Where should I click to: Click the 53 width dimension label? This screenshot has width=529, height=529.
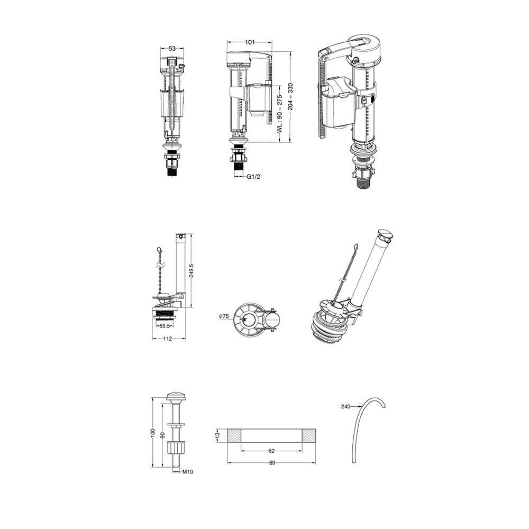click(172, 48)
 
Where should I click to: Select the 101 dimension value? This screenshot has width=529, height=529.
click(250, 42)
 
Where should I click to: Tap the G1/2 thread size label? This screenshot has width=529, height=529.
click(253, 177)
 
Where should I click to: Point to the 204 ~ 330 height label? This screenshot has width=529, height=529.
click(290, 96)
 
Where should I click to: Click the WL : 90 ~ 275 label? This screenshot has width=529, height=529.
click(279, 114)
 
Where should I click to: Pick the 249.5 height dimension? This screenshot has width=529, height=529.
click(191, 270)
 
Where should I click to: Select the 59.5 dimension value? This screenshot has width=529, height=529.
click(165, 326)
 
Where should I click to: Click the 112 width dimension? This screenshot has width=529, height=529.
click(168, 339)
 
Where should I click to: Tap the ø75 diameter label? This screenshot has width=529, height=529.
click(224, 316)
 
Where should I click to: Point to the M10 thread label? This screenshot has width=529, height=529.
click(188, 472)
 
